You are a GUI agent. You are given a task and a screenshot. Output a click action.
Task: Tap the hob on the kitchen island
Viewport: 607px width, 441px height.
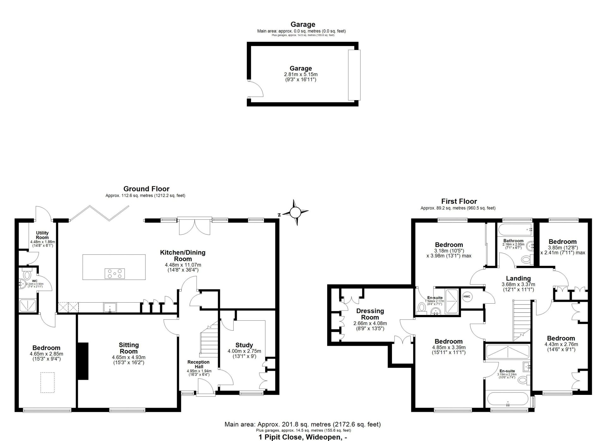point(114,273)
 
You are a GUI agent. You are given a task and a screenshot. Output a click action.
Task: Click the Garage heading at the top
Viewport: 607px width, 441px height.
point(303,24)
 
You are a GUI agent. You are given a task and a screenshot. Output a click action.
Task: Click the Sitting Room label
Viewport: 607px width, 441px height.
point(129,348)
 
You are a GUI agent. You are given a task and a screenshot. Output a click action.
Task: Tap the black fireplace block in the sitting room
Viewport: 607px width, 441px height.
point(83,361)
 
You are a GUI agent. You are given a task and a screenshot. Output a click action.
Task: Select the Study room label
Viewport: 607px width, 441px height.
point(244,345)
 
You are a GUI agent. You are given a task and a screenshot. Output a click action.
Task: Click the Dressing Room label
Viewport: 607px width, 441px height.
point(370,314)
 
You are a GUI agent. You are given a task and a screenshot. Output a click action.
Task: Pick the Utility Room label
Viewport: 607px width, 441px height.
point(42,235)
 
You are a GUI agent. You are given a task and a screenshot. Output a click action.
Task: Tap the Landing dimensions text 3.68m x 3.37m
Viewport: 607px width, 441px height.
point(518,284)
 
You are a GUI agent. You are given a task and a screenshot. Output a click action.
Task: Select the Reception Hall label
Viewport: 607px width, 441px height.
point(199,364)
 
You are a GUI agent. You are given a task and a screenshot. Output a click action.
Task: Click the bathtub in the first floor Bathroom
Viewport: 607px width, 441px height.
point(515,230)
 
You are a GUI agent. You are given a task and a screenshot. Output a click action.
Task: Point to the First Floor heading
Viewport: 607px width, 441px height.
point(459,201)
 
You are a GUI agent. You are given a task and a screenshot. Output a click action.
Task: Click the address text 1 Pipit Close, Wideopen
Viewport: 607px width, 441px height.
point(303,437)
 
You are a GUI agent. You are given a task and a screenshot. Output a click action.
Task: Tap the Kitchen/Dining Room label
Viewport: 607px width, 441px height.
point(183,256)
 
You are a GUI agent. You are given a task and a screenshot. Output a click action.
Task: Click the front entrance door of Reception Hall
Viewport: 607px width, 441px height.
point(205,387)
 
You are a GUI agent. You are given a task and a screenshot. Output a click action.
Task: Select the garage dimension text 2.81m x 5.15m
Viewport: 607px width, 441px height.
point(301,75)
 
